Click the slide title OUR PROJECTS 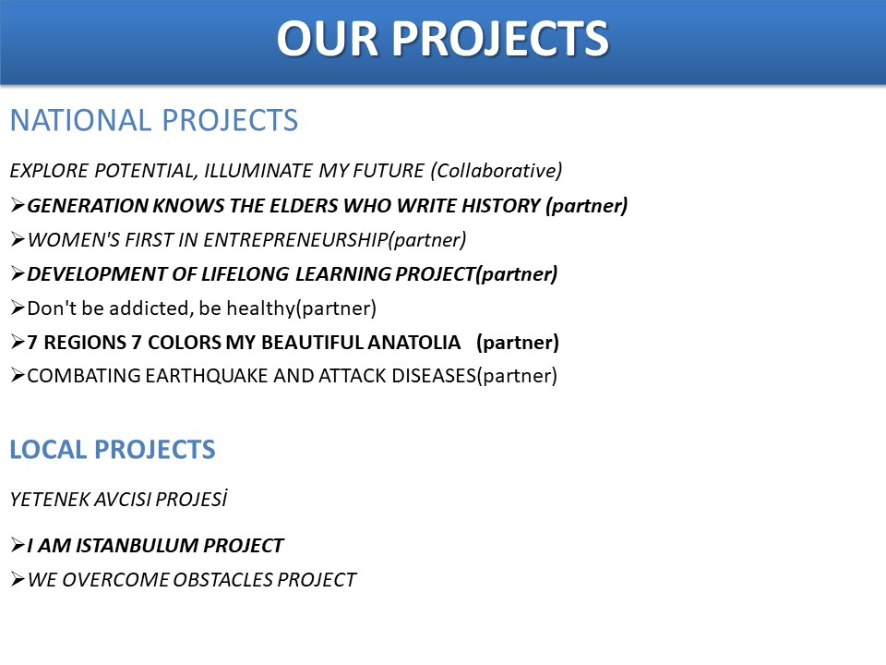(442, 39)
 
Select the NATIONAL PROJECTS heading (154, 120)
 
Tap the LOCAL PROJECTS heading (113, 450)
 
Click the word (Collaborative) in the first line (497, 170)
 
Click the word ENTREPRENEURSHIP (295, 240)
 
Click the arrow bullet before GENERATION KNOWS (18, 205)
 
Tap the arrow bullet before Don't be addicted (18, 308)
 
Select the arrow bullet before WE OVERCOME (18, 580)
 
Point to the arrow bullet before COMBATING (18, 376)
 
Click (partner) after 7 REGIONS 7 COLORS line (518, 342)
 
